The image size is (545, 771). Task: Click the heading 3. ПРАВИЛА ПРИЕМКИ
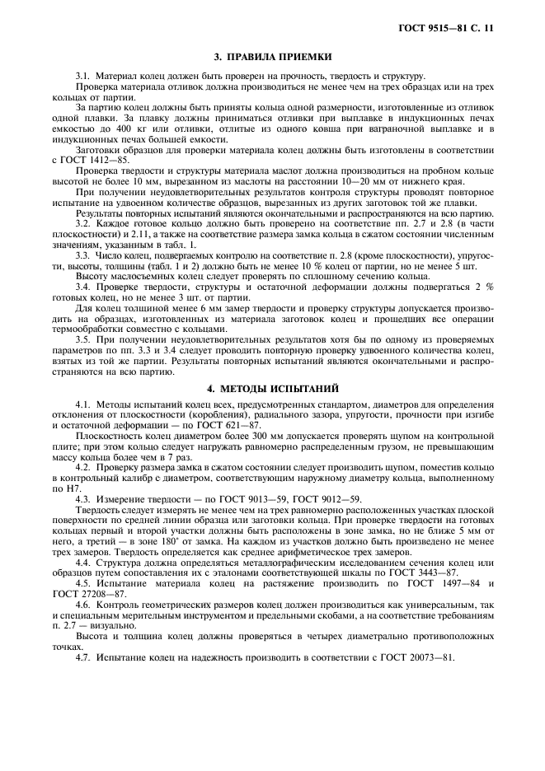(272, 57)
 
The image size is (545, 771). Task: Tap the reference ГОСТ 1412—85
(94, 159)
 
